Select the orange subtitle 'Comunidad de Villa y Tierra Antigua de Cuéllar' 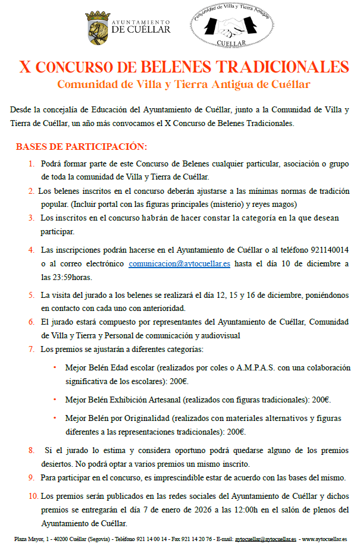coord(183,84)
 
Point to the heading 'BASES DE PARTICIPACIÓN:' coord(81,147)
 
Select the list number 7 coord(31,349)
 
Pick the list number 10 coord(32,495)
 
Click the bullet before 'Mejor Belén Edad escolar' coord(55,368)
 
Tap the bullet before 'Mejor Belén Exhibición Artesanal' coord(55,400)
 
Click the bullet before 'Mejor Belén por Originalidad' coord(55,419)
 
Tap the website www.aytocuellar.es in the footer coord(325,539)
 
